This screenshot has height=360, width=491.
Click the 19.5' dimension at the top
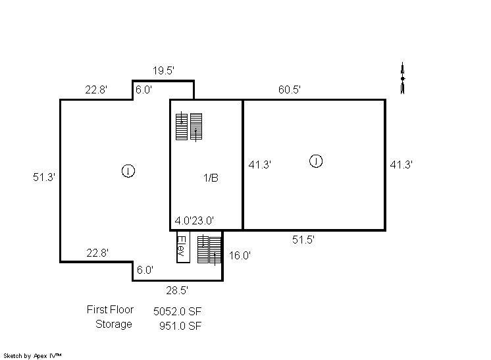coord(163,70)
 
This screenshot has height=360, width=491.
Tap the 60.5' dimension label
coord(290,90)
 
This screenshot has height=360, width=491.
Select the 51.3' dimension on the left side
coord(44,177)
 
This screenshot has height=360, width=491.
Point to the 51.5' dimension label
coord(303,240)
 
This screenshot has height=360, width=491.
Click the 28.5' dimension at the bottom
coord(177,290)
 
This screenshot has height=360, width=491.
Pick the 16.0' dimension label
coord(240,255)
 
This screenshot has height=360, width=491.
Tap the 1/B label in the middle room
coord(211,178)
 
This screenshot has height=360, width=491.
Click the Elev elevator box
coord(183,247)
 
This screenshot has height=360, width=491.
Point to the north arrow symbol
coord(403,78)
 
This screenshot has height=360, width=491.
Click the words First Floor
coord(110,309)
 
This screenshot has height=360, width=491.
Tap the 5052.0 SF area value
coord(177,311)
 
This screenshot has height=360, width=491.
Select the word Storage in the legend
coord(114,324)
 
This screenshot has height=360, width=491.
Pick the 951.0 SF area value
coord(180,326)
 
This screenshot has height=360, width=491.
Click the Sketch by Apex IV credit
coord(32,356)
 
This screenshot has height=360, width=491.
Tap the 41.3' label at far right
coord(401,165)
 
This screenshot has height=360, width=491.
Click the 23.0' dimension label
coord(203,221)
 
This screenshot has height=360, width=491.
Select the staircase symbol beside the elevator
coord(209,250)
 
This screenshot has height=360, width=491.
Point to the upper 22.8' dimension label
coord(96,90)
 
